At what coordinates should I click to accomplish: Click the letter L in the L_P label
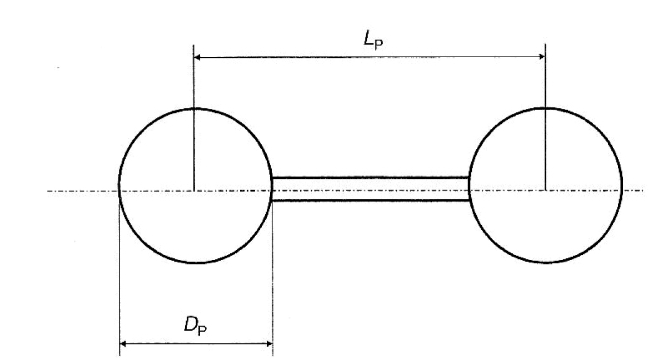(369, 39)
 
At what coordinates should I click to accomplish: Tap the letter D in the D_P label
(191, 324)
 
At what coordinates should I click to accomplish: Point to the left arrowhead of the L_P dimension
(198, 57)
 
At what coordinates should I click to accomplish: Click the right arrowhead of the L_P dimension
(541, 57)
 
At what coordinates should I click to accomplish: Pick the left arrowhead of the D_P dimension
(124, 344)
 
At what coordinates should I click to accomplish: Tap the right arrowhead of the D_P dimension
(268, 344)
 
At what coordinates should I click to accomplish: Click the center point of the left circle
(195, 191)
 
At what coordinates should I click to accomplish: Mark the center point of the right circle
(545, 191)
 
